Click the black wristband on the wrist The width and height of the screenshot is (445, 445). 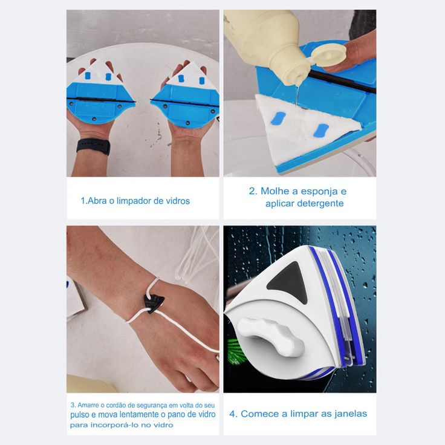point(93,146)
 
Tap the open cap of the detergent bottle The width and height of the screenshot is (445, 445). point(329,54)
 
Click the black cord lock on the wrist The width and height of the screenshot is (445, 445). point(154,304)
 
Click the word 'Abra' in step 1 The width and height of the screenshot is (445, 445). point(97,201)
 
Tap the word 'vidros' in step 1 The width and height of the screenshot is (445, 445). point(178,201)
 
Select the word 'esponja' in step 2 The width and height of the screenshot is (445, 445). point(315,192)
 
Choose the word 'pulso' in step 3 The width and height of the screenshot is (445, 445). point(80,415)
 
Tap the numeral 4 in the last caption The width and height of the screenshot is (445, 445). point(232,414)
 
